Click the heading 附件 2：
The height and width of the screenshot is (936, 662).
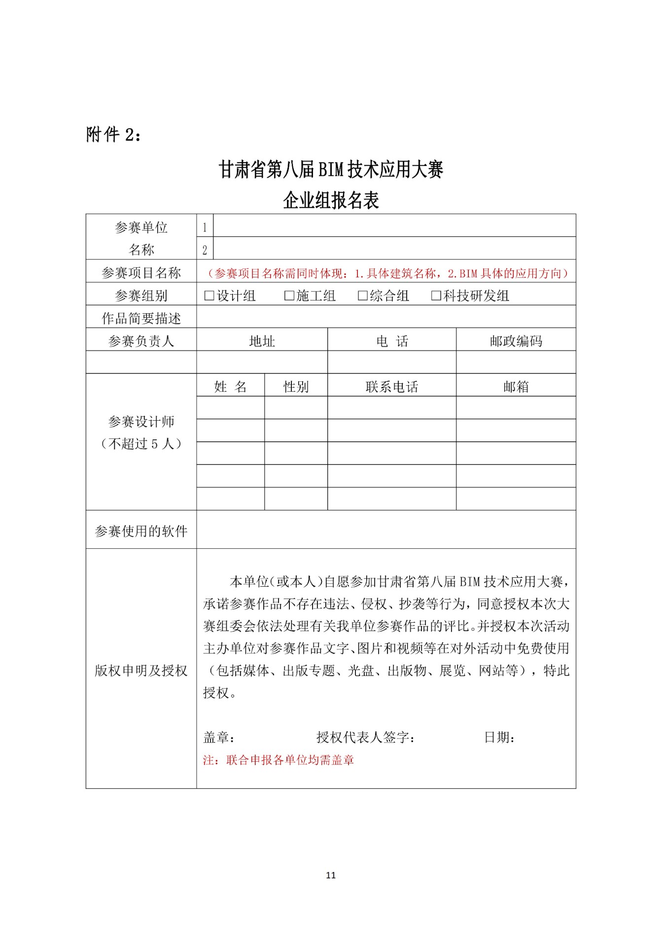point(114,134)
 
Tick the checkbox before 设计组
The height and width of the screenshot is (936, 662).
point(209,296)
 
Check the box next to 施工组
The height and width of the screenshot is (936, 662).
point(289,296)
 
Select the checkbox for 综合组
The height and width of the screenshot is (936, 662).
point(363,296)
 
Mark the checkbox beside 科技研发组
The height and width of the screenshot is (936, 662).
point(436,296)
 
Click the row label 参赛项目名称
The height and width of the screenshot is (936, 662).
point(141,273)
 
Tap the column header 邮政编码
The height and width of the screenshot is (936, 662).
point(516,341)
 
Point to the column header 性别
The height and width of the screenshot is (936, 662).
point(296,387)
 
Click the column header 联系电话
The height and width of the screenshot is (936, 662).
point(391,387)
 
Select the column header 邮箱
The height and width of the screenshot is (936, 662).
point(516,387)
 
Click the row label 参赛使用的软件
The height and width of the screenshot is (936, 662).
point(141,531)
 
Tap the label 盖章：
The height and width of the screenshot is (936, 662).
point(219,737)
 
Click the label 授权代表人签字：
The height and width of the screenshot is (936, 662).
point(366,737)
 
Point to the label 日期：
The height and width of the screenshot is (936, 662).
point(500,737)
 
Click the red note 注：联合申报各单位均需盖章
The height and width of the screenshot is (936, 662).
point(279,760)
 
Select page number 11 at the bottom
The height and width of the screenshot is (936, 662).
point(331,875)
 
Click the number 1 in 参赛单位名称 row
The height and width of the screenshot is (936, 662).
point(205,228)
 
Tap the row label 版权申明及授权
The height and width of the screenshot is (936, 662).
point(141,670)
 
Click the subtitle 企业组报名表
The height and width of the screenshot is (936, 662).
point(331,201)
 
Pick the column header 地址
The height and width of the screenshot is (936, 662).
point(262,341)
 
